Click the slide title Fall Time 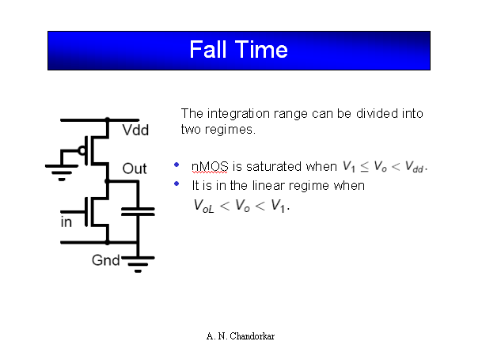pos(238,51)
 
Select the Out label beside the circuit pos(135,169)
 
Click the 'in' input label pos(66,222)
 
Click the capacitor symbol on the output pos(138,211)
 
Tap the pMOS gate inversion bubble pos(82,150)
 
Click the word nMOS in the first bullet pos(210,167)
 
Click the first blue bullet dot pos(176,165)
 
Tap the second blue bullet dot pos(176,184)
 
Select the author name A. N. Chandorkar pos(241,335)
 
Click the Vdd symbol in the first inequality pos(414,167)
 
